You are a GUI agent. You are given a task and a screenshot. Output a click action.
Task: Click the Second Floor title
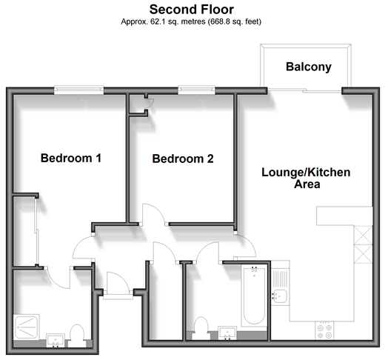point(192,10)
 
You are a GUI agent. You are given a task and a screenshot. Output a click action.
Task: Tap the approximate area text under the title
point(191,21)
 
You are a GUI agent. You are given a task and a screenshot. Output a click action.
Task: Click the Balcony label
point(309,67)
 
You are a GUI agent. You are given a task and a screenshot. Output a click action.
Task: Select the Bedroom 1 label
point(71,158)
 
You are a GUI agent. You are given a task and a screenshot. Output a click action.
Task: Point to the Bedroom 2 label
point(183,159)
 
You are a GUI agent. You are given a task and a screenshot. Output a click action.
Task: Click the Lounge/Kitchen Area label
point(306,178)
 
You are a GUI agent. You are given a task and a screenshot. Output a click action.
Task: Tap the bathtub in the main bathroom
point(254,296)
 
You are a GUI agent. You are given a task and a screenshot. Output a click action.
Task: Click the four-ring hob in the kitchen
point(324,331)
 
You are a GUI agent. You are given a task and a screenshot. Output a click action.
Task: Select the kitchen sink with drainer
point(281,284)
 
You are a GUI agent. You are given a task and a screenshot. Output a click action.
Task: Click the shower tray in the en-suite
point(27,327)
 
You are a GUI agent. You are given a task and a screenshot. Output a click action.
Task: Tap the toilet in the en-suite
point(77,336)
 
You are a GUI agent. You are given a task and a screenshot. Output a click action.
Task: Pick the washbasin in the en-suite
point(56,341)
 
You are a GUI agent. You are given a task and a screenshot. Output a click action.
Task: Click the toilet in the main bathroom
point(201,328)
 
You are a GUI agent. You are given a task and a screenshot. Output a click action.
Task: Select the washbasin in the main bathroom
point(227,333)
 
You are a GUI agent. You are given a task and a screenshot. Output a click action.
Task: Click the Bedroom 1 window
point(78,90)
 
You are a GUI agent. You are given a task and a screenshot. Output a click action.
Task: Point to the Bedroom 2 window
point(196,90)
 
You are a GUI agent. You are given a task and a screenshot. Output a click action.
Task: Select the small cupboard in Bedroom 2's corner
point(138,104)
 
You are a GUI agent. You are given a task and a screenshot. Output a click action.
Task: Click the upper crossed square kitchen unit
point(364,235)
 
